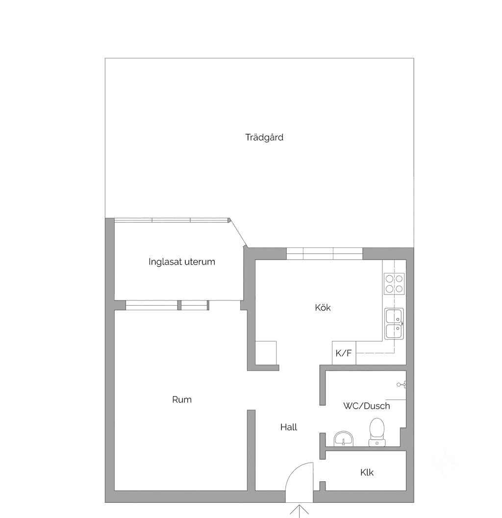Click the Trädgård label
pos(264,137)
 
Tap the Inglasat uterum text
pos(182,262)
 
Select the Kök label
pos(323,308)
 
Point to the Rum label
pos(182,399)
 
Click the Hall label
pos(289,427)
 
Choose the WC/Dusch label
pos(367,406)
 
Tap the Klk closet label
pos(367,472)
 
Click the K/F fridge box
pos(344,353)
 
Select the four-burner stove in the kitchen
pos(394,284)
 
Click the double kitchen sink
pos(394,324)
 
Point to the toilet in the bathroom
pos(377,432)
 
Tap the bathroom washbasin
pos(343,439)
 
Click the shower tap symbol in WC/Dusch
pos(402,385)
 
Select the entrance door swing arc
pos(292,471)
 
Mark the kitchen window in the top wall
pos(325,254)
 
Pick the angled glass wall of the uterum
pos(238,232)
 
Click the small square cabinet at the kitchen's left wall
pos(266,353)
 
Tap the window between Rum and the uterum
pos(167,305)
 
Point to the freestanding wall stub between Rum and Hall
pos(251,450)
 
